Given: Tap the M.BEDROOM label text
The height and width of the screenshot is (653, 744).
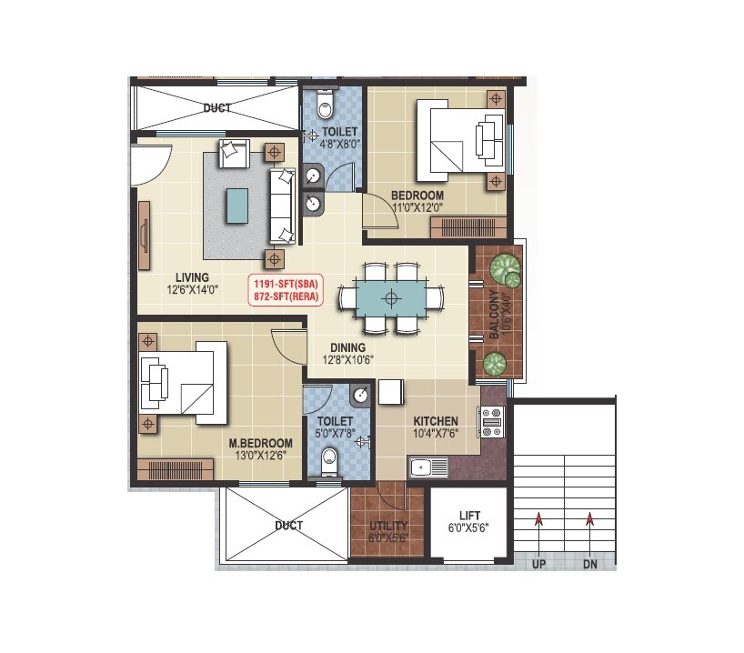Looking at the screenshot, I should click(260, 443).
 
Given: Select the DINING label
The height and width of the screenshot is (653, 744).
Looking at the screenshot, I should click(347, 347).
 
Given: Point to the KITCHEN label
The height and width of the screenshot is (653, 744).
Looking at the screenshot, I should click(436, 422).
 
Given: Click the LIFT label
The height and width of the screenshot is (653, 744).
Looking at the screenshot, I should click(469, 516).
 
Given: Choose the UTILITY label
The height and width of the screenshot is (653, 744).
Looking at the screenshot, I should click(388, 526).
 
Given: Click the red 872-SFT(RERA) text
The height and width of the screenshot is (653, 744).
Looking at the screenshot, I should click(286, 297).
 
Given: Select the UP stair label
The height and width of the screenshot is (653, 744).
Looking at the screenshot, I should click(539, 564).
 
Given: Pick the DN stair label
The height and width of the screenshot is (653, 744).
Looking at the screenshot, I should click(590, 564).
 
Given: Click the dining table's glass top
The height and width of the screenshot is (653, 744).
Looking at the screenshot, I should click(391, 297).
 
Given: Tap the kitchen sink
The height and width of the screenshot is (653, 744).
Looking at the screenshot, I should click(427, 468).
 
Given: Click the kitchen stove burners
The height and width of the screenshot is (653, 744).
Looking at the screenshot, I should click(493, 420).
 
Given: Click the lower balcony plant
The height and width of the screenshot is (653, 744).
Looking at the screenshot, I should click(494, 364).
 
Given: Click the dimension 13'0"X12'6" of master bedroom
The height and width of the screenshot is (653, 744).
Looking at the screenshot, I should click(260, 456).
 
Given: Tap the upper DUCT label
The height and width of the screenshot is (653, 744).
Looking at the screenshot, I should click(216, 108).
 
